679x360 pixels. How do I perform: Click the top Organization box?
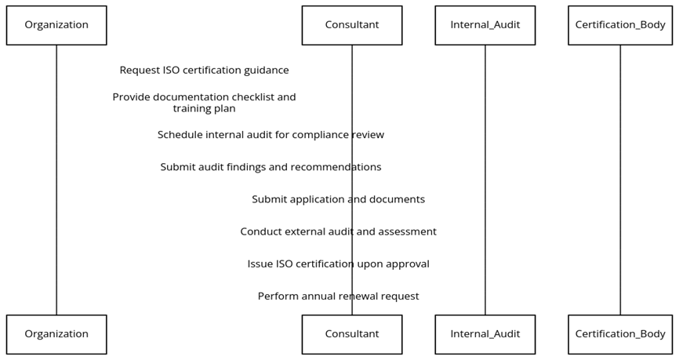56,25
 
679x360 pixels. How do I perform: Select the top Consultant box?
351,25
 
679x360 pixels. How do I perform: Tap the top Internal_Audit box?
485,25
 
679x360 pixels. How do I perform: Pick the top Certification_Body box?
619,25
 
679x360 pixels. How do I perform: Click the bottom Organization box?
56,334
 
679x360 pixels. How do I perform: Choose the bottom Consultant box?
351,334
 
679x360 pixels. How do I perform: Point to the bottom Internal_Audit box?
485,334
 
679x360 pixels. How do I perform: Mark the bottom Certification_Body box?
619,334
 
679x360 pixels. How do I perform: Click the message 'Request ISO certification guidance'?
204,71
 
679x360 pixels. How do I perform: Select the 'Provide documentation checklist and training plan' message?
204,103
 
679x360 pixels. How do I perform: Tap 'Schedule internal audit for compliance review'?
271,135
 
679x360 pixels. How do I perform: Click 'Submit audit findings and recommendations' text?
271,167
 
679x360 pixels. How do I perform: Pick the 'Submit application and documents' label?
338,199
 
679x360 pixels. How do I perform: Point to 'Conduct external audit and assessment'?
338,231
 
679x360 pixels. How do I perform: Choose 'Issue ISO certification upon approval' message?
338,264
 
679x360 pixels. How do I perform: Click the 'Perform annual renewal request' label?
338,296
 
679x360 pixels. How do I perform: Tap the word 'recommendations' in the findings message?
339,167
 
